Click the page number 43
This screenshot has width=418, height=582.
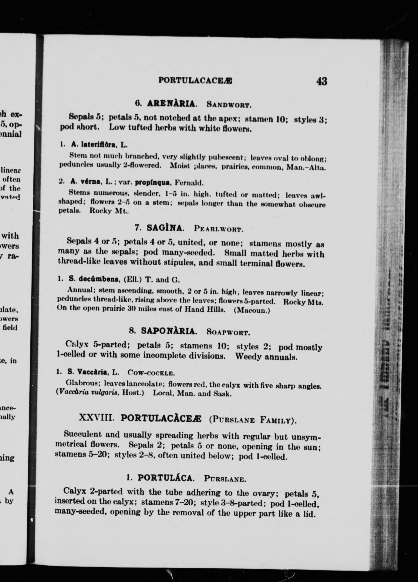[x=321, y=81]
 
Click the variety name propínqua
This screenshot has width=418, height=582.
[x=150, y=182]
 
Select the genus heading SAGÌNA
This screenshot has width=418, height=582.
[x=165, y=228]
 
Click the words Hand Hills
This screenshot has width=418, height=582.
[x=205, y=310]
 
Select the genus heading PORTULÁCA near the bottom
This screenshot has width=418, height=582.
[x=165, y=478]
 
